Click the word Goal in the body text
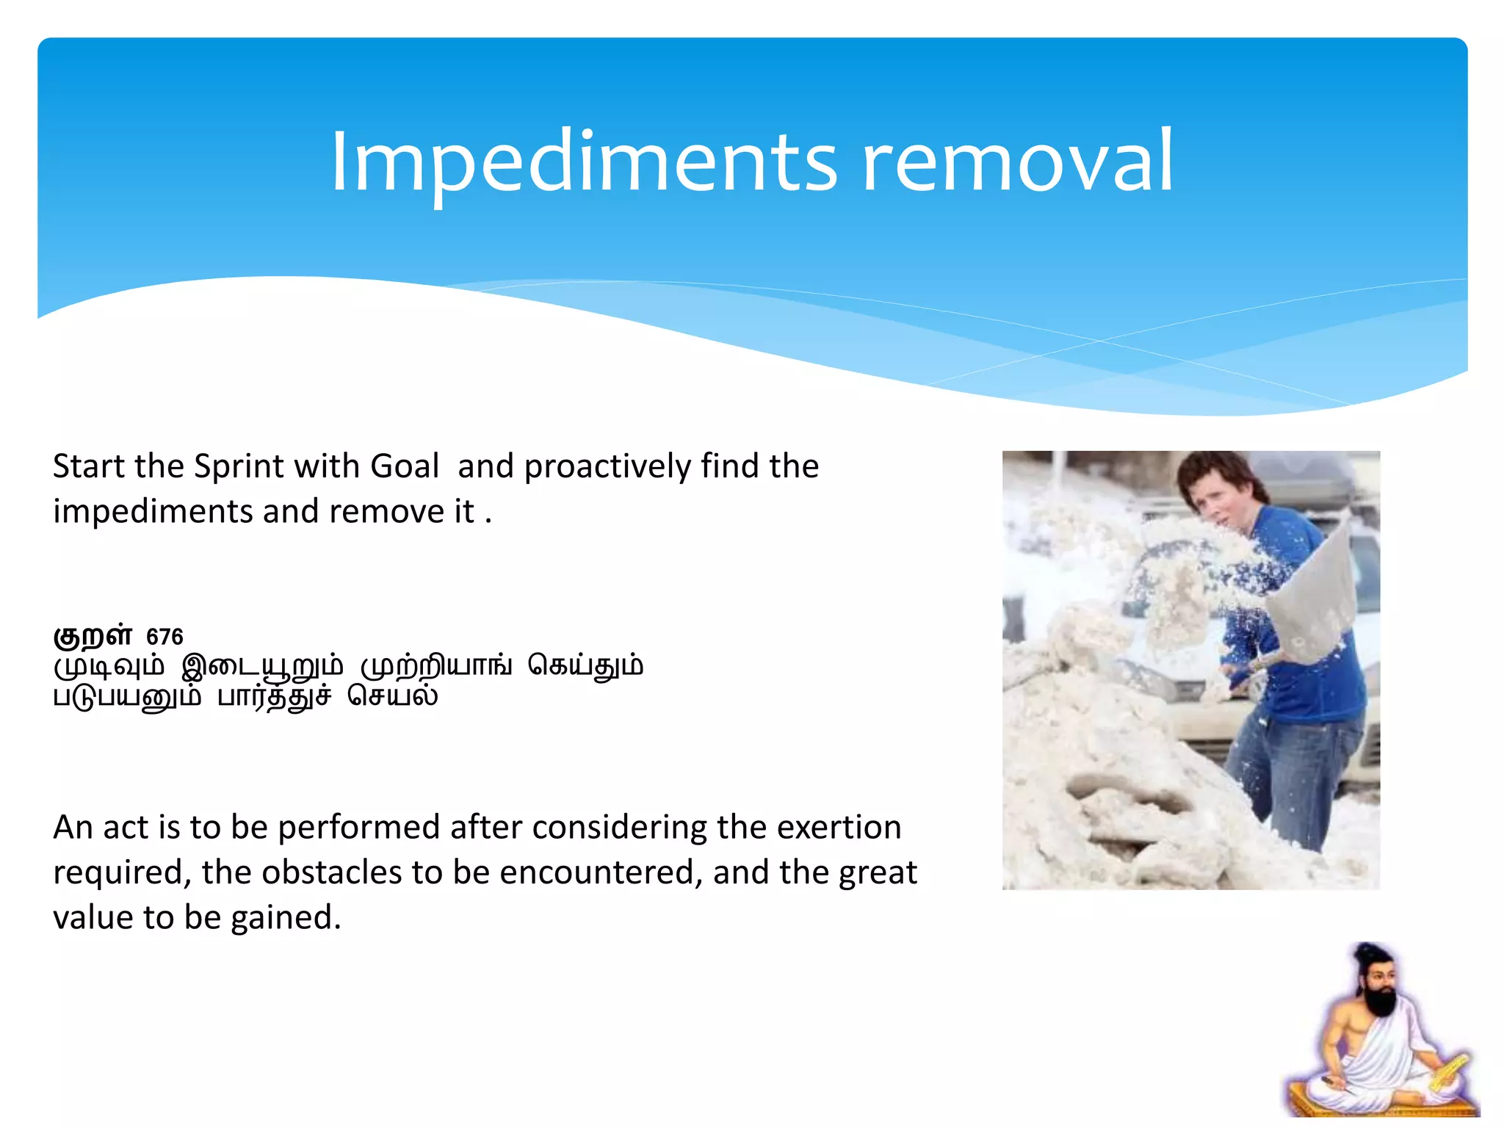tap(405, 466)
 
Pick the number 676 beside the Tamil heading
tap(164, 637)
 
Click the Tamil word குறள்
tap(93, 634)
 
